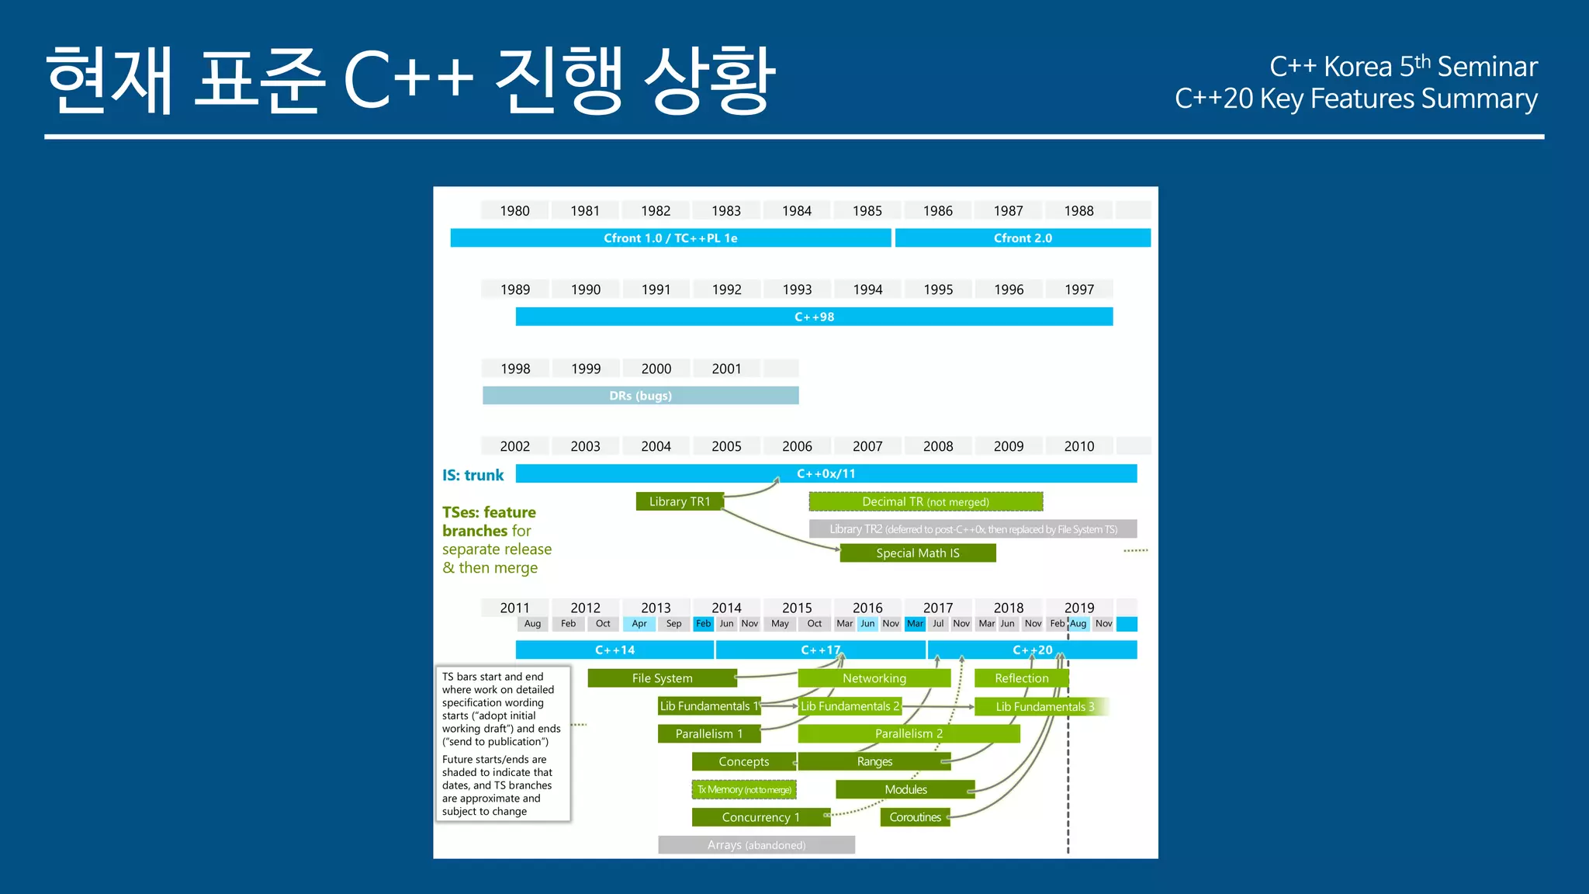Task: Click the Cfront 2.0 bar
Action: click(x=1023, y=238)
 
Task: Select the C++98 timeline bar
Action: click(x=814, y=317)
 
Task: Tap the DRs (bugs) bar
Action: click(x=640, y=396)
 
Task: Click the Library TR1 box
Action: click(x=680, y=502)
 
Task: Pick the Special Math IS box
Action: click(x=918, y=553)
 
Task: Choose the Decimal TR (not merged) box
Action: click(x=926, y=502)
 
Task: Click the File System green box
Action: click(x=662, y=678)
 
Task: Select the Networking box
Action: click(x=874, y=678)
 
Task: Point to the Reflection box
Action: click(x=1021, y=678)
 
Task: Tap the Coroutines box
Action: click(x=916, y=817)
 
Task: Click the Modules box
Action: click(x=905, y=789)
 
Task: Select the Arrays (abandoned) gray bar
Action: click(x=756, y=845)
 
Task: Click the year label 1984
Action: click(x=797, y=211)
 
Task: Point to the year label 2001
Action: click(x=726, y=369)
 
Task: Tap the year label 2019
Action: click(x=1079, y=608)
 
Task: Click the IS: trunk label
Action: click(x=473, y=475)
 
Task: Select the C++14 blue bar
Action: click(x=614, y=650)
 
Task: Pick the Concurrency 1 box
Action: click(x=760, y=817)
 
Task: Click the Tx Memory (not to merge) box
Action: click(x=744, y=790)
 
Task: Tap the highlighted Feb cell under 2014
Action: click(x=703, y=624)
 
